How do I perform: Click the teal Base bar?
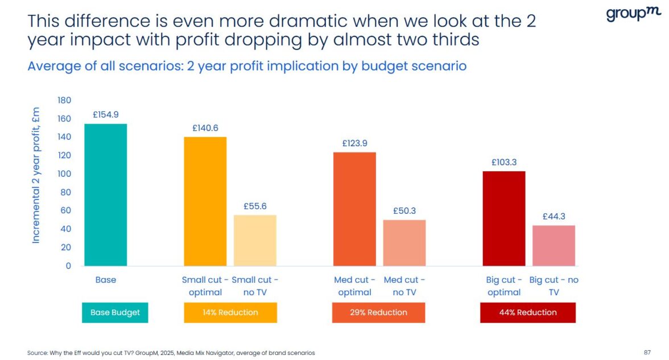(x=106, y=195)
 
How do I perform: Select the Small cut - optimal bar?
(x=205, y=201)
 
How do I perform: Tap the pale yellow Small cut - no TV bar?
(x=255, y=240)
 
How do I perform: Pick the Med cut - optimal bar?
(x=354, y=209)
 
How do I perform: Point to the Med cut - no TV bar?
(x=404, y=243)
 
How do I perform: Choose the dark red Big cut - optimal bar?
(x=503, y=218)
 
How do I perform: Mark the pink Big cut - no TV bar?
(x=554, y=246)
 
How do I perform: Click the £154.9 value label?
(x=106, y=115)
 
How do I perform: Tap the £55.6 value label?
(x=255, y=206)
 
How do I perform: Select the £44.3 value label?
(x=554, y=216)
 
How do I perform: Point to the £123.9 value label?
(x=354, y=143)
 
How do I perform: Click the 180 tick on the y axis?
(x=64, y=101)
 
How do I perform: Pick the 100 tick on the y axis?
(x=64, y=174)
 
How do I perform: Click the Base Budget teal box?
(x=115, y=312)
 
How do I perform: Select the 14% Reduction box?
(x=230, y=312)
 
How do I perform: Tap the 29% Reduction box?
(x=378, y=312)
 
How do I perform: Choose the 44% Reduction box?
(x=528, y=312)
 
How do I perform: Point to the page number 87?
(x=647, y=353)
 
